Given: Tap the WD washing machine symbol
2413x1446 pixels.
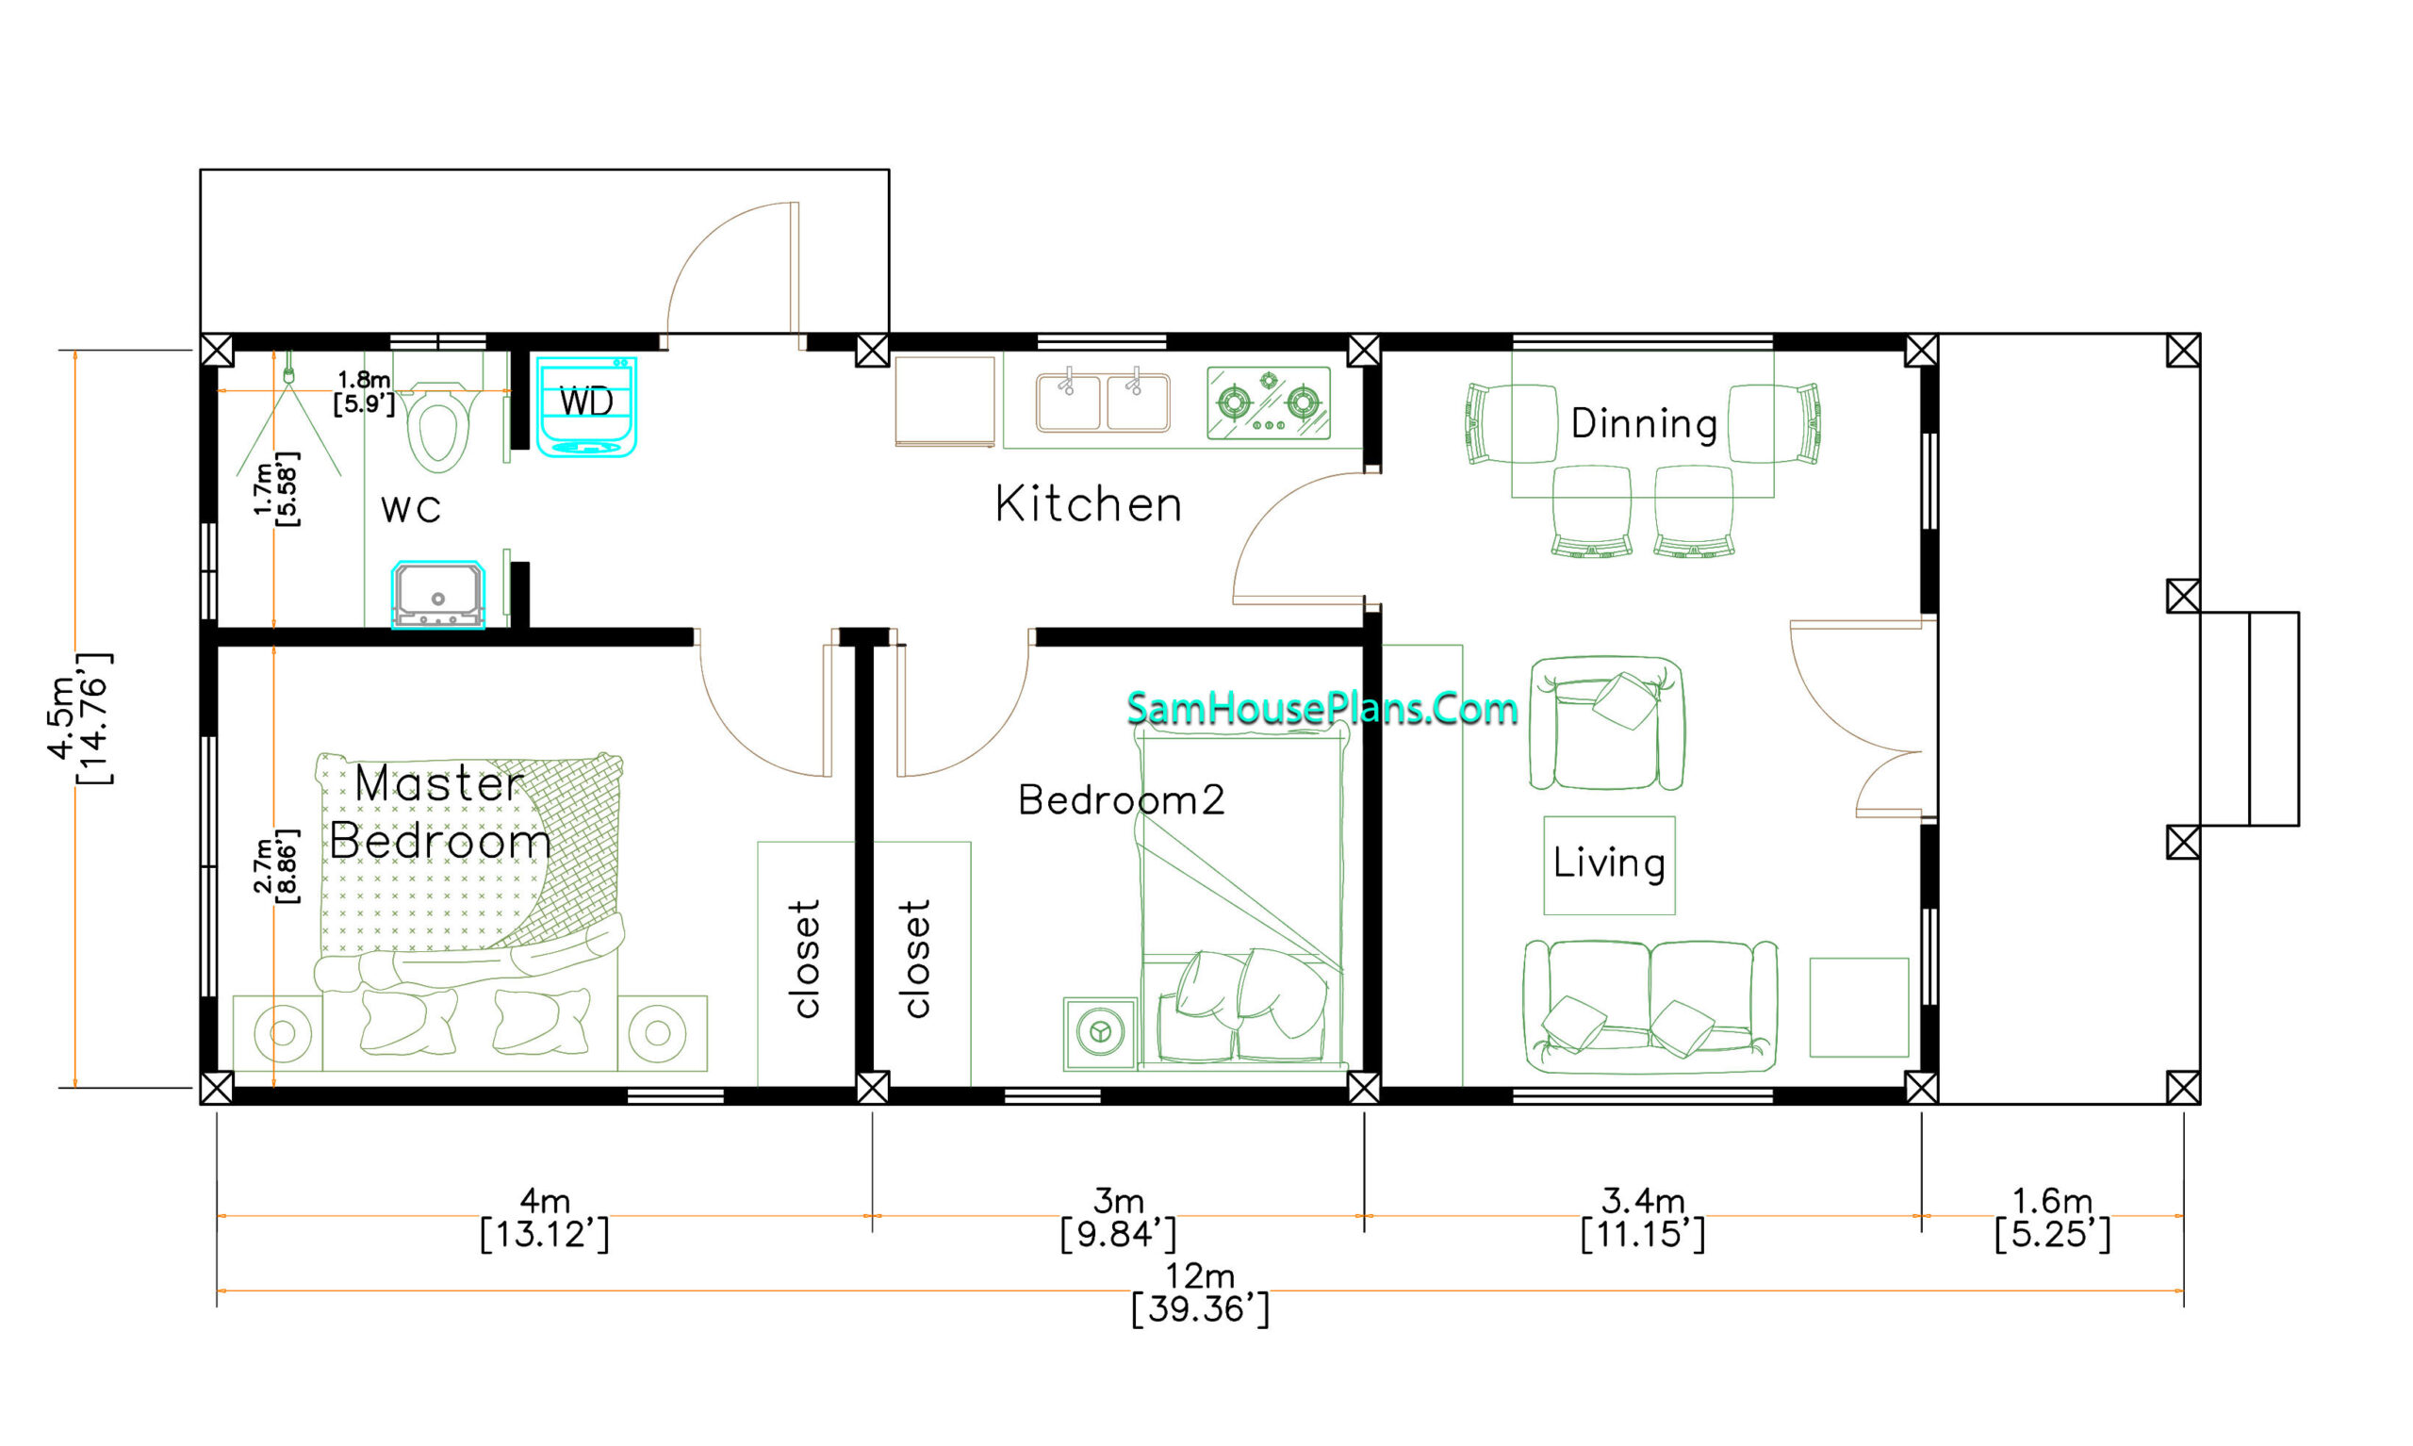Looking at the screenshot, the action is [x=586, y=406].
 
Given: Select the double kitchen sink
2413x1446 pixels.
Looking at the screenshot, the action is [x=1103, y=402].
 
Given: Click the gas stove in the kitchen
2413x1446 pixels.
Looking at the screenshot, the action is [x=1269, y=403].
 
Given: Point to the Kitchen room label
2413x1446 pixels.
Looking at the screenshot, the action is [x=1088, y=504].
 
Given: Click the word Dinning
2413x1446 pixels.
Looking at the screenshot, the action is [x=1644, y=424].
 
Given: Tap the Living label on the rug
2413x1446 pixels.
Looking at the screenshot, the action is [x=1608, y=863].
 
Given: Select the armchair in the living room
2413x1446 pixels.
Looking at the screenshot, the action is [x=1605, y=723].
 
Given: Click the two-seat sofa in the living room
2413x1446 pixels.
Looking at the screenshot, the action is [x=1650, y=1007].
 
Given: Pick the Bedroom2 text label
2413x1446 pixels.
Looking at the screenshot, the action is [x=1122, y=800].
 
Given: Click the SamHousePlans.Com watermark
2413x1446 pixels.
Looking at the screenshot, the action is [x=1321, y=708].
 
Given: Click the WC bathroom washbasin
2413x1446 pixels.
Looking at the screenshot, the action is [x=438, y=595].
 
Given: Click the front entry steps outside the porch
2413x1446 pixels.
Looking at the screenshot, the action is [x=2250, y=718].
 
